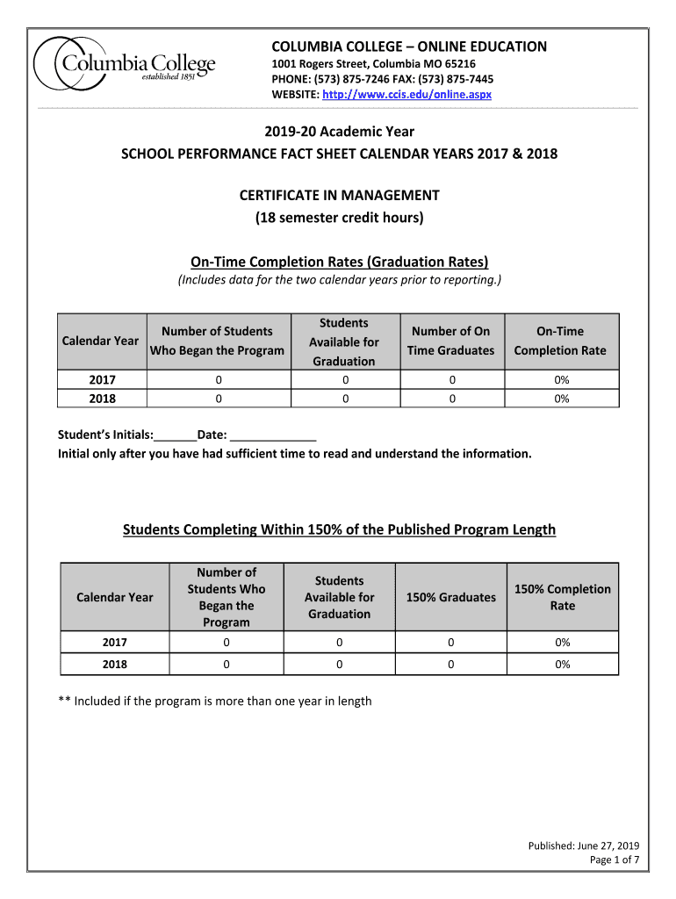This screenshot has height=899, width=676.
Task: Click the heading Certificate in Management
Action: (339, 195)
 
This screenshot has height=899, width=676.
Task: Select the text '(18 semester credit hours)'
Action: (339, 218)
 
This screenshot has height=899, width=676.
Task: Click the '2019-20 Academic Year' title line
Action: (339, 132)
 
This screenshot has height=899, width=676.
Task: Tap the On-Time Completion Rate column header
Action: (560, 341)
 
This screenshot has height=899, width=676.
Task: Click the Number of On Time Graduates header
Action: (451, 341)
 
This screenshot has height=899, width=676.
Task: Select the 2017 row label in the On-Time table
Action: (102, 380)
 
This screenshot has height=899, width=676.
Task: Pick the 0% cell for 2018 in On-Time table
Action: (561, 399)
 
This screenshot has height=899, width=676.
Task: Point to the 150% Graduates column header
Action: (451, 597)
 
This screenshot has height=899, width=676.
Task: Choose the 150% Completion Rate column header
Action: (562, 597)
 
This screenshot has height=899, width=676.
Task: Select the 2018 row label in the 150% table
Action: (115, 665)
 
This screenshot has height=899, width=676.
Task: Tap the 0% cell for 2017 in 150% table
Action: (562, 643)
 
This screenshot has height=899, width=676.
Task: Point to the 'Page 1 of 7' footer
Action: (614, 859)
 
